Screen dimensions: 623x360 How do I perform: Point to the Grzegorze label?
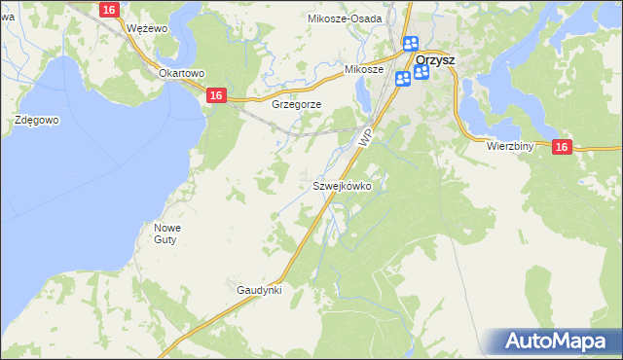coord(297,104)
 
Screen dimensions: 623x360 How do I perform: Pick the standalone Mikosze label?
coord(365,70)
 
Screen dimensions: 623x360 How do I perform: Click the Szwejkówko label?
coord(341,185)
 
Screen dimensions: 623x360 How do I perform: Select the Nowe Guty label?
coord(167,234)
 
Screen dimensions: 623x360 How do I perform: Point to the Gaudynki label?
coord(259,290)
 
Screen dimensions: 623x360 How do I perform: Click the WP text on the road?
coord(365,137)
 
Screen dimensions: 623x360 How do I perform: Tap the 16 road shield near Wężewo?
coord(109,10)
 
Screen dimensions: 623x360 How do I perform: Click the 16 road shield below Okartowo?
coord(217,94)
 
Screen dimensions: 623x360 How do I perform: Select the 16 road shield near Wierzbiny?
coord(562,146)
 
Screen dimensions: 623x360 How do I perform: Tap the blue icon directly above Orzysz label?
coord(410,44)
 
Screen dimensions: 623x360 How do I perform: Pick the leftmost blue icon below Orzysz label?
coord(402,78)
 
